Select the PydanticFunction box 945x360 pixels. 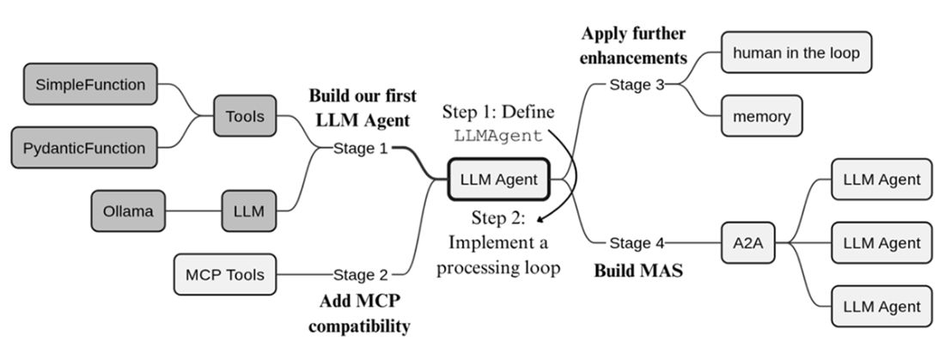84,148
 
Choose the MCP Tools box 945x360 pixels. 225,275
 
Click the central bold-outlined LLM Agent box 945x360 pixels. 499,180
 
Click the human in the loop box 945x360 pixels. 796,52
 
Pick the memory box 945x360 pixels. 761,116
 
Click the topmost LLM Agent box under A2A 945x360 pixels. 881,180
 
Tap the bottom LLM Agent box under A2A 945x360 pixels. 881,307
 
